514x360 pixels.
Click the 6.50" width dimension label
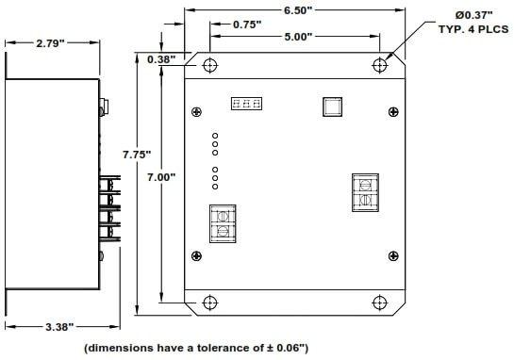[298, 10]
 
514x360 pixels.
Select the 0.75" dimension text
[247, 25]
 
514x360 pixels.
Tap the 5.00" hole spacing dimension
[298, 37]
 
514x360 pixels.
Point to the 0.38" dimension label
[161, 59]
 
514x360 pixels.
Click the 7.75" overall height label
[137, 155]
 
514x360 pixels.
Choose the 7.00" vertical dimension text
[161, 177]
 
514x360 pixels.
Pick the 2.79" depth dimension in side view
[51, 43]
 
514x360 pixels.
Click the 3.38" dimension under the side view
[59, 327]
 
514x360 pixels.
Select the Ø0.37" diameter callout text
[474, 15]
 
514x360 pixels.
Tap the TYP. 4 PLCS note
[473, 29]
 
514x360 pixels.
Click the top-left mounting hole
[210, 65]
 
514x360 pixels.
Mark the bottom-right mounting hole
[380, 303]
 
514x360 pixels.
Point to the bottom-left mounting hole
[210, 303]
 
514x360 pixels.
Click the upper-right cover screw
[393, 112]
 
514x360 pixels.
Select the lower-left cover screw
[197, 255]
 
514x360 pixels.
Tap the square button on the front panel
[332, 106]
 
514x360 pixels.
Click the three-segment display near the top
[246, 104]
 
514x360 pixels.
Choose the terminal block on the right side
[365, 192]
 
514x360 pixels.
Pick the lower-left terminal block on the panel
[223, 223]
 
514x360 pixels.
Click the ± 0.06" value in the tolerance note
[284, 347]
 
